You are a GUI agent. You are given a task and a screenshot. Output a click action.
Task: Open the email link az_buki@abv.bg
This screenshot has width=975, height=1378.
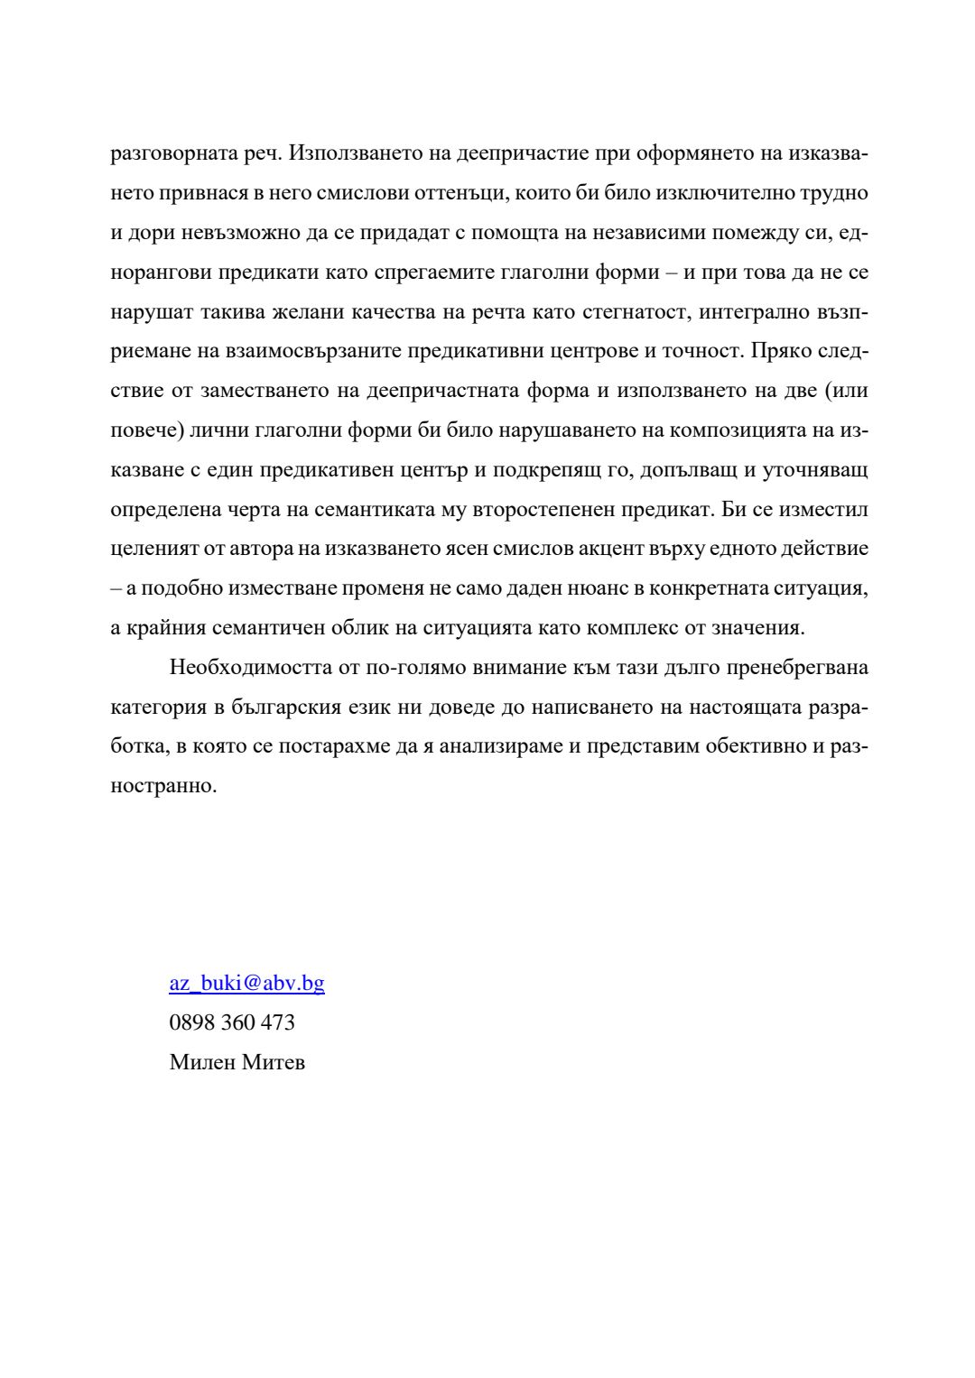246,983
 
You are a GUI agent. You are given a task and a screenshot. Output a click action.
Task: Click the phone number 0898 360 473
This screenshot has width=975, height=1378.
232,1022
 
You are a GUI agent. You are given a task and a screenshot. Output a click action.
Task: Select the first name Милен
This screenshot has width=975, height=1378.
202,1062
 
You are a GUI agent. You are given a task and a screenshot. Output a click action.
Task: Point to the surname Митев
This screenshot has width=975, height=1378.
274,1062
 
